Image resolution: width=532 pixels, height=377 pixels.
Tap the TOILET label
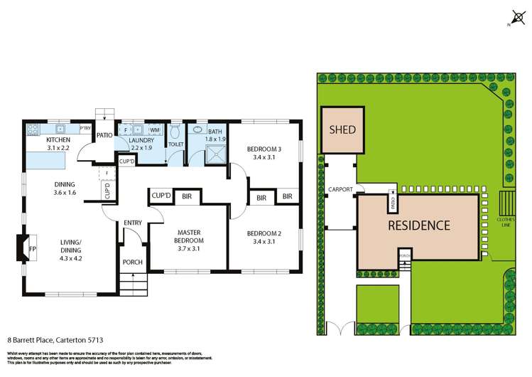175,144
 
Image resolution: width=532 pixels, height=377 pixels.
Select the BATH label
215,132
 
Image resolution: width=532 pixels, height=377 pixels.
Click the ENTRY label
133,223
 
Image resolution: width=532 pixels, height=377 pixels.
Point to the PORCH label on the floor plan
133,262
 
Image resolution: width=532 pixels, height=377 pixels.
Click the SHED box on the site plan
343,130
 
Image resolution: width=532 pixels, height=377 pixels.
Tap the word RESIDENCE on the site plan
418,225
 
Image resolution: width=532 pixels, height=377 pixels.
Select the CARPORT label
341,190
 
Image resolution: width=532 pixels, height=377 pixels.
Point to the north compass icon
514,15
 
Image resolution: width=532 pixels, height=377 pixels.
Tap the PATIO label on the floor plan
105,134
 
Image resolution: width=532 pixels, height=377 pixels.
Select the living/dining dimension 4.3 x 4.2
70,258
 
